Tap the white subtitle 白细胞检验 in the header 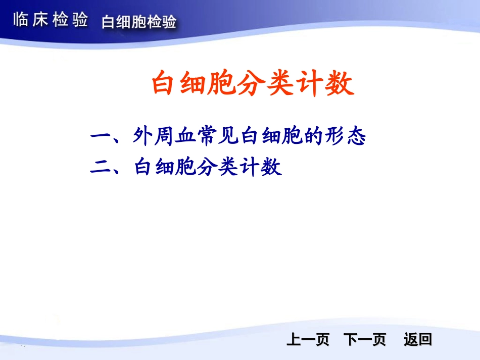(139, 22)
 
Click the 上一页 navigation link (308, 340)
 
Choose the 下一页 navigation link (364, 340)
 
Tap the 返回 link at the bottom (418, 340)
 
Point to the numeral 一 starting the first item (101, 136)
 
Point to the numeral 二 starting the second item (101, 167)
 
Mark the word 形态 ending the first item (346, 136)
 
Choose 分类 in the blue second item (223, 167)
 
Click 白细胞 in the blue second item (164, 167)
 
